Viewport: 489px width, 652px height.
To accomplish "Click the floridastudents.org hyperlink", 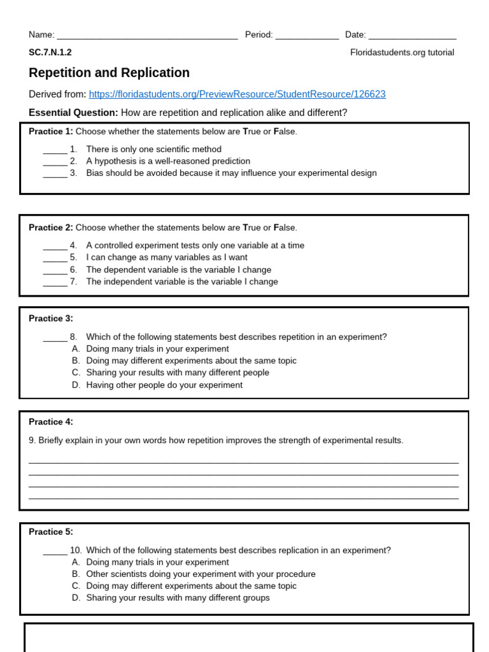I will (x=237, y=94).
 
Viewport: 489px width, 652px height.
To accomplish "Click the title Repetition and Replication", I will (x=109, y=73).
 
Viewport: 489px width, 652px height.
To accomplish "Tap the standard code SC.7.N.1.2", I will (x=50, y=52).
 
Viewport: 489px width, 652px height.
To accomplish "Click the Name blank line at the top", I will (x=147, y=37).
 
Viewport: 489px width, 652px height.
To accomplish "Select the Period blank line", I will (x=307, y=37).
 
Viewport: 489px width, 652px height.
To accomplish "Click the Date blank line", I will (x=412, y=37).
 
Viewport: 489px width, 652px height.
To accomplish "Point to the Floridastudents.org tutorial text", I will (x=402, y=52).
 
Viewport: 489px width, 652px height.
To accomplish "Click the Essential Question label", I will (x=73, y=113).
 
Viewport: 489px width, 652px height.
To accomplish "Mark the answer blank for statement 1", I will (x=55, y=151).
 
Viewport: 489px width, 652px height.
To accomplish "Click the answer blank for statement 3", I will (x=55, y=174).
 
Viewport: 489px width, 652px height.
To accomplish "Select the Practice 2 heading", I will (x=51, y=227).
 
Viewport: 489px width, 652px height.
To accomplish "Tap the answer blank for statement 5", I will (x=55, y=259).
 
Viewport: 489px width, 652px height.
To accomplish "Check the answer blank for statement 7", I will (x=55, y=283).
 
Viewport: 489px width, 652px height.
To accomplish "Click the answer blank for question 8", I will (x=55, y=339).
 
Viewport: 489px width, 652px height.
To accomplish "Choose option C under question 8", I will (x=177, y=372).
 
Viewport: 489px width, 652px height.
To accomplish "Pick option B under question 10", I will (x=200, y=574).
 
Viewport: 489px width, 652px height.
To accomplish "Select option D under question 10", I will (x=177, y=598).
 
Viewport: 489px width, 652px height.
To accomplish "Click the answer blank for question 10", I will (x=55, y=552).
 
